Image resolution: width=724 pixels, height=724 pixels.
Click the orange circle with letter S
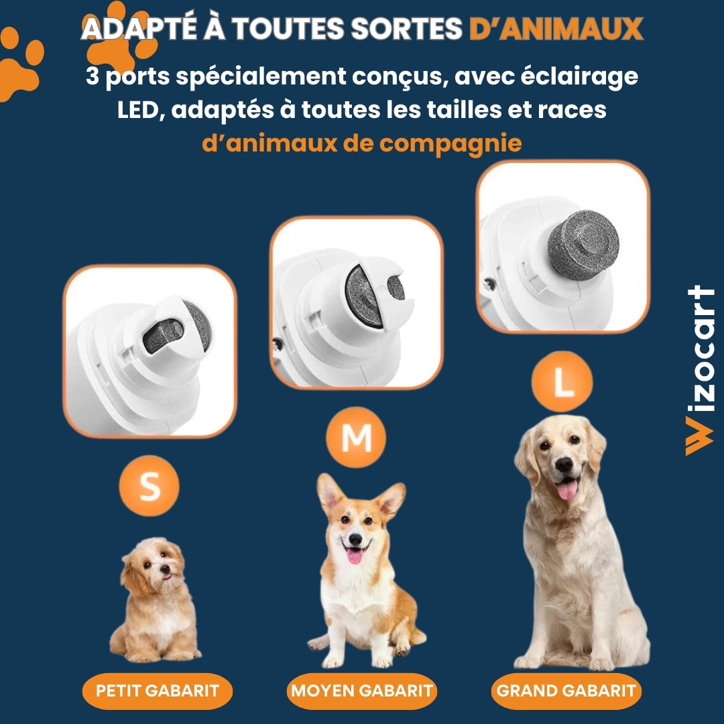(x=149, y=487)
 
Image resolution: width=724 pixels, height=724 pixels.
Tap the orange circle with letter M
(x=356, y=438)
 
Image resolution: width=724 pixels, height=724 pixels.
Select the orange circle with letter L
(x=562, y=381)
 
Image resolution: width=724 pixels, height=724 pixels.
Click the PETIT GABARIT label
(x=158, y=690)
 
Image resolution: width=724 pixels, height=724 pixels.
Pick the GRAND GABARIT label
(x=566, y=690)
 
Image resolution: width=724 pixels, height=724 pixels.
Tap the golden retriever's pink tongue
(x=567, y=489)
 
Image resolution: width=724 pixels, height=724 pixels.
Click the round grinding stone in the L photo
(x=583, y=245)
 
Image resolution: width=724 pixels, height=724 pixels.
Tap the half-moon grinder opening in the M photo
(x=363, y=296)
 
